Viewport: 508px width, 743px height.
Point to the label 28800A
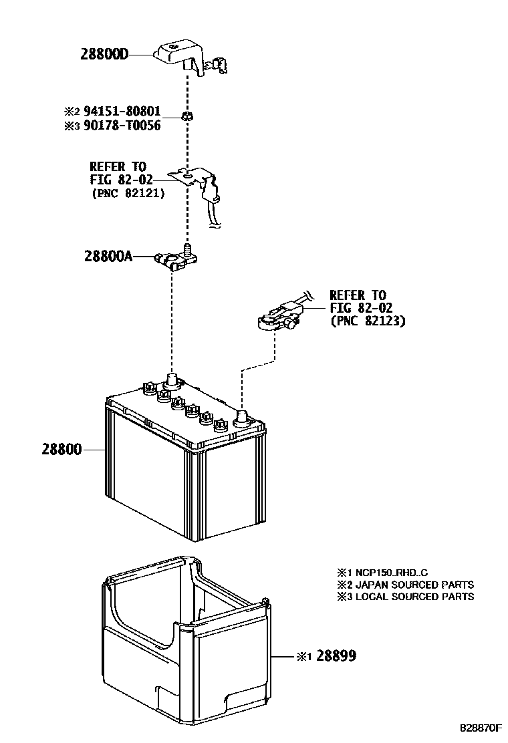click(108, 255)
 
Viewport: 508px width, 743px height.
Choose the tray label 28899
click(336, 656)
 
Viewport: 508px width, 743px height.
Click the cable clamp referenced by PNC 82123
click(279, 317)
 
